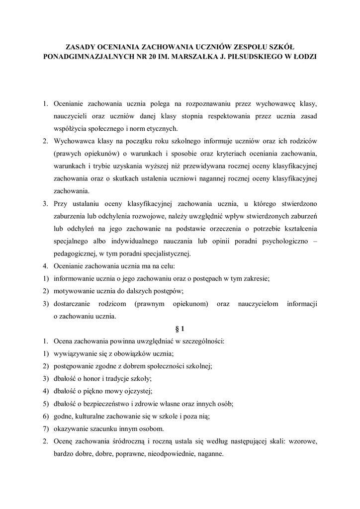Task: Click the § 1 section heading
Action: (180, 329)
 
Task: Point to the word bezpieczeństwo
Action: (112, 403)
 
